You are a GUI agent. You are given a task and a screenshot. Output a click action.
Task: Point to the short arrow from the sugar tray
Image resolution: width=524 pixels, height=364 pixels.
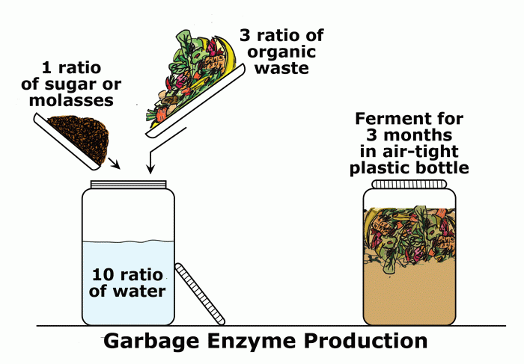coord(112,162)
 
